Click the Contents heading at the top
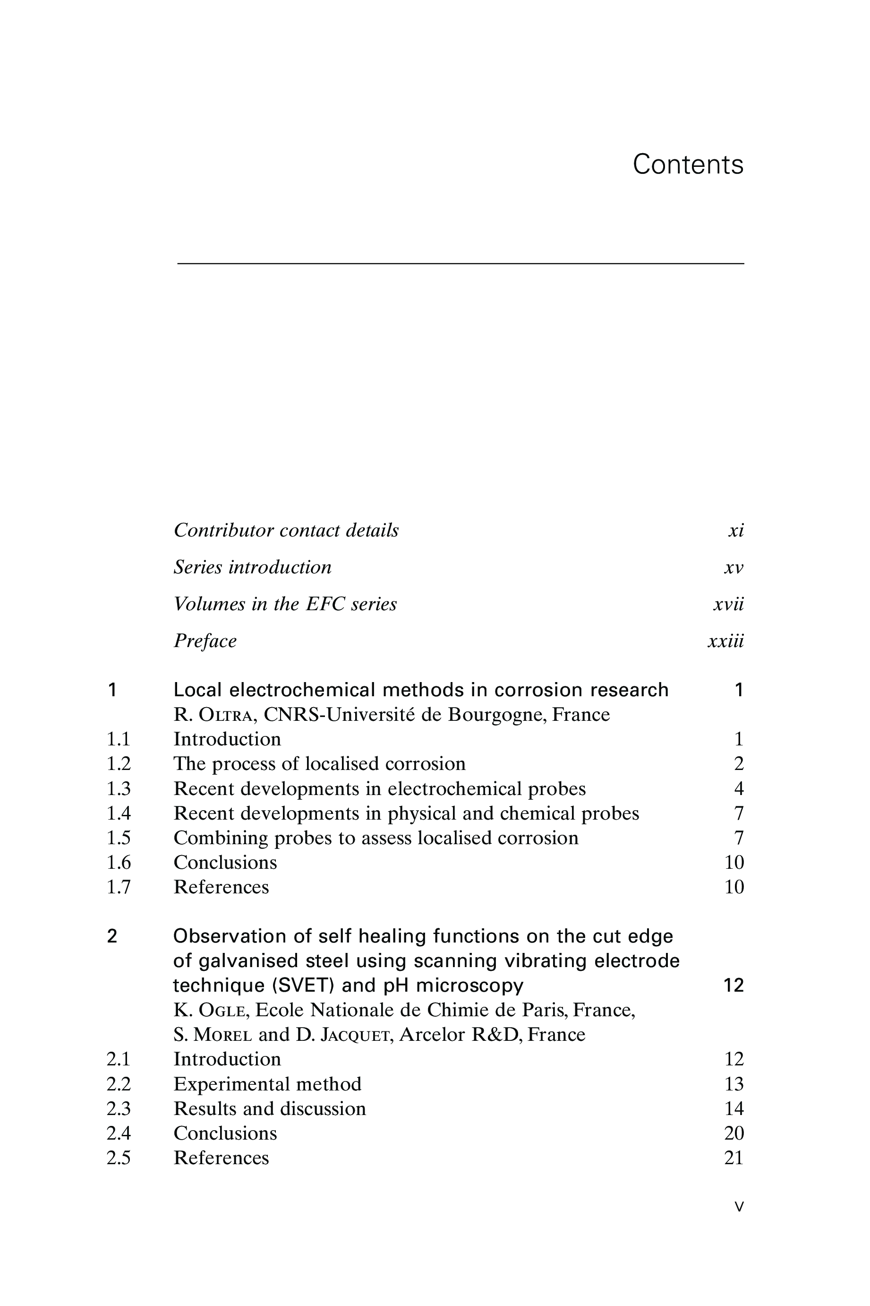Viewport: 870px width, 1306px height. pos(688,165)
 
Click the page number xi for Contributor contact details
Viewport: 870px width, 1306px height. pos(736,531)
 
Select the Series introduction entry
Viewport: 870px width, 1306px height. pos(253,568)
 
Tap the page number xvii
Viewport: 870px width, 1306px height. pos(728,604)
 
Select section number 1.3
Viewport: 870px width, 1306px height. pos(119,788)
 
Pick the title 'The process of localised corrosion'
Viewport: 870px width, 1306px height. pos(320,764)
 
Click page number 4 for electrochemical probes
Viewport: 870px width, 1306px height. pos(739,788)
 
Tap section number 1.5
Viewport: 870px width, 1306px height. pos(119,838)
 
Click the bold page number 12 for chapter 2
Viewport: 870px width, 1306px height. pos(734,986)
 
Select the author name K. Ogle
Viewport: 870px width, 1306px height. pos(209,1010)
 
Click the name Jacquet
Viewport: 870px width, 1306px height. pos(355,1035)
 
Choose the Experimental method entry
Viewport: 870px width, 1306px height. pos(267,1084)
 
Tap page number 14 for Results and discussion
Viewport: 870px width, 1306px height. pos(734,1109)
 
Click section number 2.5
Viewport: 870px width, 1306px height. pos(119,1158)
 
